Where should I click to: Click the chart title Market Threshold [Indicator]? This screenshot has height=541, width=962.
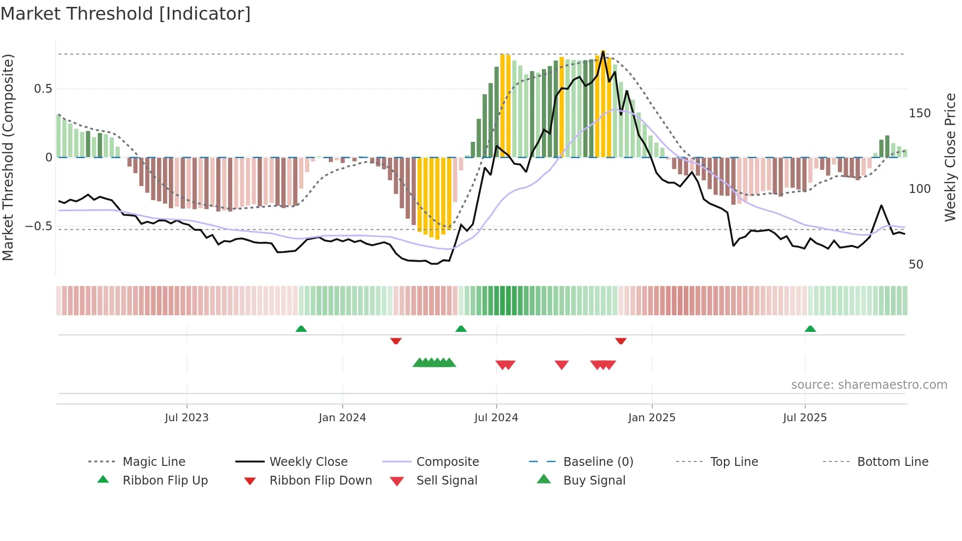tap(126, 14)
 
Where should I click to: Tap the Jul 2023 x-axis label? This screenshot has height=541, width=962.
tap(187, 418)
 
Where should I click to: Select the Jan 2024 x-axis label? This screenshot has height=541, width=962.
tap(342, 418)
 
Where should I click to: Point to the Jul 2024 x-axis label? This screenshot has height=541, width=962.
tap(496, 418)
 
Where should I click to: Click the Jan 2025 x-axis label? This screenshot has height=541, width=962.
tap(652, 418)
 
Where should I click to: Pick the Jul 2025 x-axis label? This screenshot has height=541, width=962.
tap(805, 418)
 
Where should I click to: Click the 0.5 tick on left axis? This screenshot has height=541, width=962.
tap(43, 89)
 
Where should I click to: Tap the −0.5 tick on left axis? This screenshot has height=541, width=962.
tap(39, 226)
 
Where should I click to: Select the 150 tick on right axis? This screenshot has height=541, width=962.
tap(919, 113)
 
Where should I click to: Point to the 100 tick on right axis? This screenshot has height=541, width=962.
tap(919, 189)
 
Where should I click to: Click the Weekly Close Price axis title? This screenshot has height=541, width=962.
tap(950, 157)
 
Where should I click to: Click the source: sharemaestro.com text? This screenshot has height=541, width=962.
tap(869, 385)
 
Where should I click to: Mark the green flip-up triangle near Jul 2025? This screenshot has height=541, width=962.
tap(810, 329)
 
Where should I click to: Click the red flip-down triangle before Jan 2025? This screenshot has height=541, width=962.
tap(621, 341)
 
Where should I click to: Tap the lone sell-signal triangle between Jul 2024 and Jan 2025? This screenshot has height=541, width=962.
tap(561, 364)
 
